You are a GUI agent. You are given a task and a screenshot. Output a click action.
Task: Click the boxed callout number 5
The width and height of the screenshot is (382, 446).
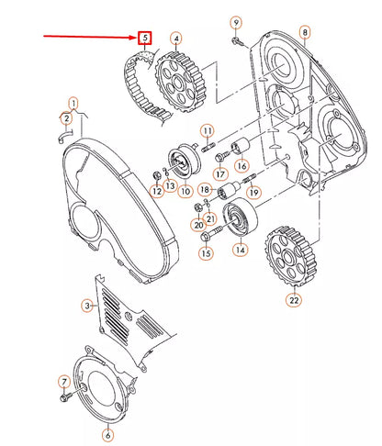[x=144, y=38]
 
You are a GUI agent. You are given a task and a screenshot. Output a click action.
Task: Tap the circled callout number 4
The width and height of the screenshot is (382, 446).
[x=175, y=39]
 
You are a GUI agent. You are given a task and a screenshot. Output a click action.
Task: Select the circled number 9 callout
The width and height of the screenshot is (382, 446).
[x=235, y=21]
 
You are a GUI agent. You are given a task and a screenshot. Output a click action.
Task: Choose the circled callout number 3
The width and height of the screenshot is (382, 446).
[x=88, y=305]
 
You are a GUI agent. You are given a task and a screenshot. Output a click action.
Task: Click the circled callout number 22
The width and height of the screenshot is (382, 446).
[x=293, y=299]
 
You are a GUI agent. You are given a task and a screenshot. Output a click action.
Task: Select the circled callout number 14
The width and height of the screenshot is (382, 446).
[x=240, y=250]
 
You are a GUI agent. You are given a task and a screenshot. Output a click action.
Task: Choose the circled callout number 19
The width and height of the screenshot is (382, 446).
[x=253, y=192]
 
